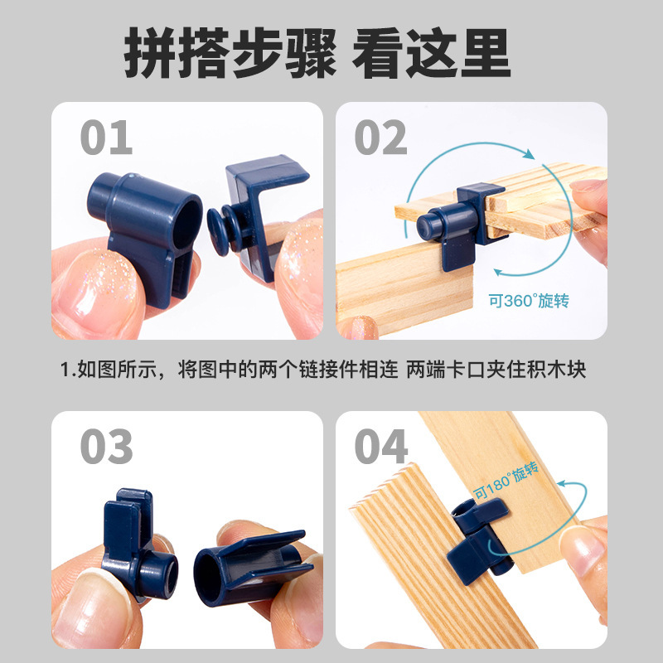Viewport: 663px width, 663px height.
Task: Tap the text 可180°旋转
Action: click(x=506, y=482)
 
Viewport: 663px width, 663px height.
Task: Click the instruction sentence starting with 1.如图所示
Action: click(x=324, y=369)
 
